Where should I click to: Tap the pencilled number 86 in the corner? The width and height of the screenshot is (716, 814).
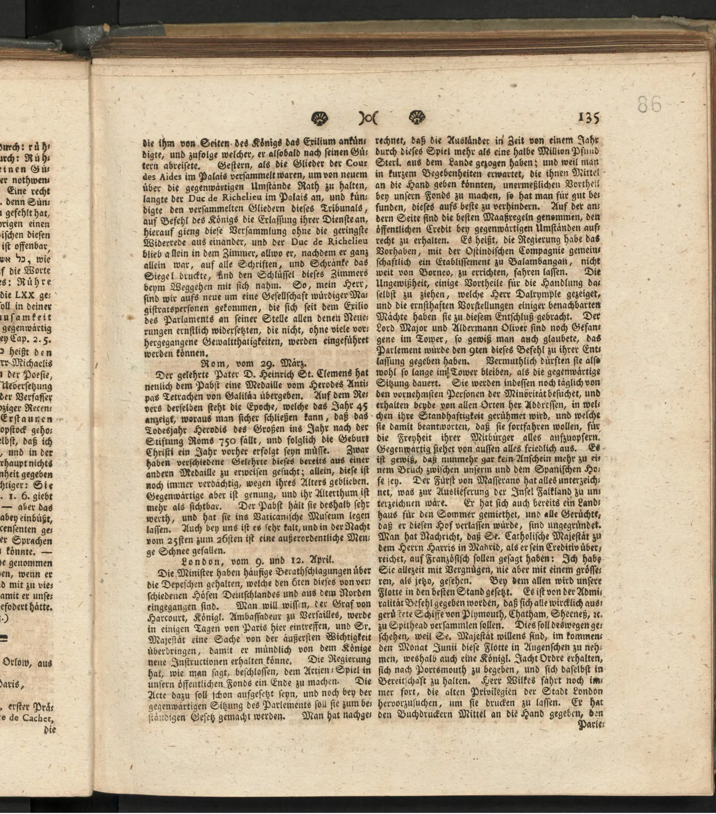click(x=649, y=105)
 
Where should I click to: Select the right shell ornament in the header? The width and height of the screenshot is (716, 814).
click(x=417, y=118)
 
